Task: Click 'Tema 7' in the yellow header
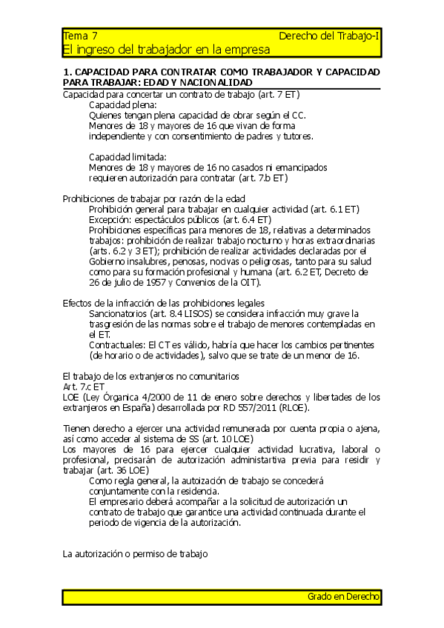click(x=80, y=36)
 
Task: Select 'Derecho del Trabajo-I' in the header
click(x=329, y=36)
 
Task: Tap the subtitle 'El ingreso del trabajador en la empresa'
click(x=166, y=49)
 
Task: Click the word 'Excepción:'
click(x=113, y=220)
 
